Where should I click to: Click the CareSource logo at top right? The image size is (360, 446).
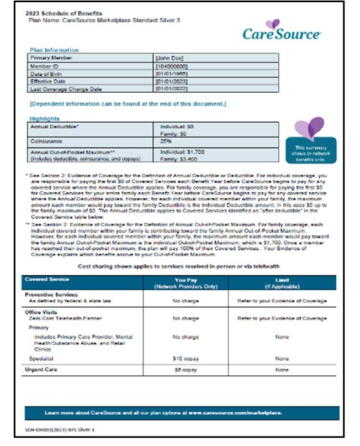click(x=282, y=30)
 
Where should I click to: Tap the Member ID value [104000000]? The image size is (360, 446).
click(x=173, y=65)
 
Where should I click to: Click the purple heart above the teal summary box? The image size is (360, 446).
click(x=309, y=128)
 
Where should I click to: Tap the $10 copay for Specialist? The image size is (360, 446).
click(x=186, y=359)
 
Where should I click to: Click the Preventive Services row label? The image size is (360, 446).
click(x=51, y=295)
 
